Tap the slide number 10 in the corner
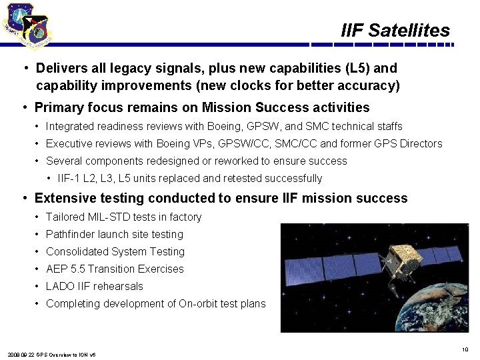point(465,349)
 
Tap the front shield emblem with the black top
point(37,30)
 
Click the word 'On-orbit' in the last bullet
point(197,303)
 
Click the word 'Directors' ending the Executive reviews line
point(421,143)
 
